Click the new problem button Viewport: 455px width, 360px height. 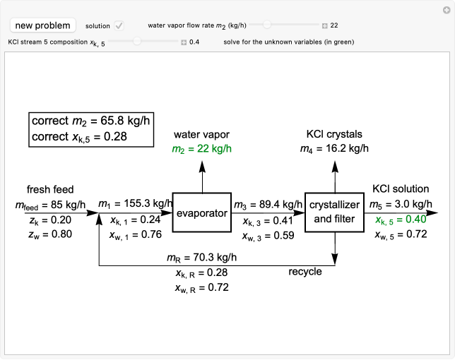click(42, 25)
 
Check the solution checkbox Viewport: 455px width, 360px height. click(119, 25)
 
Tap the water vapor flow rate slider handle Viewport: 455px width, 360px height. click(267, 25)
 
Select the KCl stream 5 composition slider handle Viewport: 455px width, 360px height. click(136, 42)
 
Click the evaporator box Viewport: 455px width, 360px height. click(203, 212)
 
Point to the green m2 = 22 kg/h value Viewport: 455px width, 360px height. click(203, 148)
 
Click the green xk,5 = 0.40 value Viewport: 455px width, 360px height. click(399, 219)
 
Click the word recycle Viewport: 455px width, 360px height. click(305, 271)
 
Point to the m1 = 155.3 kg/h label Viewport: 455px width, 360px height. click(136, 204)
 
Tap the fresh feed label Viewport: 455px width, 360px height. click(50, 189)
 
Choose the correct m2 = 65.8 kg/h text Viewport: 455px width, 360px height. click(92, 121)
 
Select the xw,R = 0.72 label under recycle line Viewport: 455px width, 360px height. click(202, 288)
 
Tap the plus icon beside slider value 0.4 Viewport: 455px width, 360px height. click(183, 42)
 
